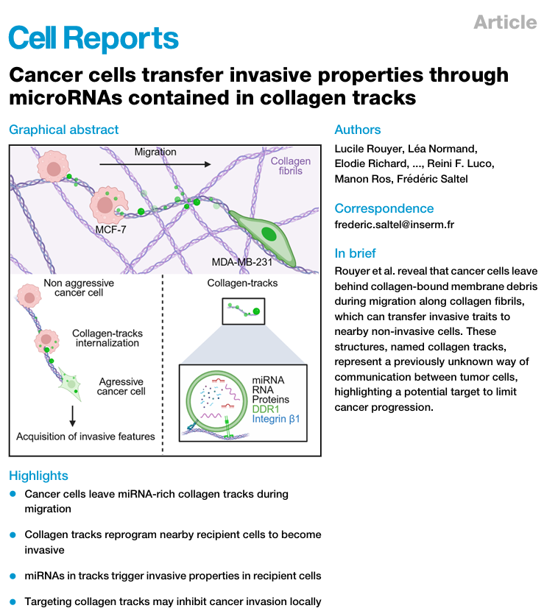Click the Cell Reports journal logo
93,38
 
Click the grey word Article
506,22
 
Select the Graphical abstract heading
63,130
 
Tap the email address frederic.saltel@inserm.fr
395,225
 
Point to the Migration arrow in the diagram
155,164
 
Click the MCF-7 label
110,230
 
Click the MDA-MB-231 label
241,262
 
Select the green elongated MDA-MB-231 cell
265,237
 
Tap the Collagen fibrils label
291,166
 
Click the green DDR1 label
266,409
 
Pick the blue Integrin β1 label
276,419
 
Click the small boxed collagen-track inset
244,311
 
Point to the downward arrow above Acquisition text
72,416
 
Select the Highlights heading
38,476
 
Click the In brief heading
355,253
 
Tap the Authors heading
358,130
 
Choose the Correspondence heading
384,208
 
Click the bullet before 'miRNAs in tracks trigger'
13,576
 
